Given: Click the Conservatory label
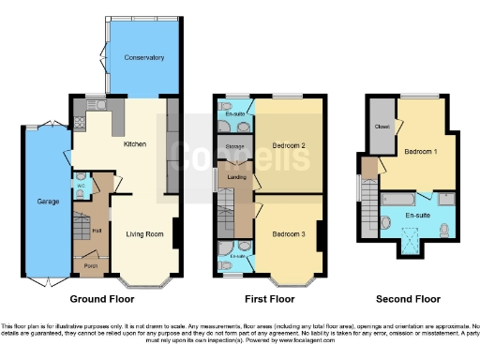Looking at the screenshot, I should click(144, 57).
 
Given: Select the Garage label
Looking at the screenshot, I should click(49, 202).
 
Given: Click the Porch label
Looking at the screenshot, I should click(91, 265).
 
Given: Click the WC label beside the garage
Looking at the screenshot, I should click(82, 186).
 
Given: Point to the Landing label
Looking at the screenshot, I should click(236, 178).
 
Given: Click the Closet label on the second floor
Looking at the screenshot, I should click(382, 126).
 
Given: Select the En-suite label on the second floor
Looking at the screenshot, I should click(417, 216).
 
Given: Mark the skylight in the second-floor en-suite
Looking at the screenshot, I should click(410, 246).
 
